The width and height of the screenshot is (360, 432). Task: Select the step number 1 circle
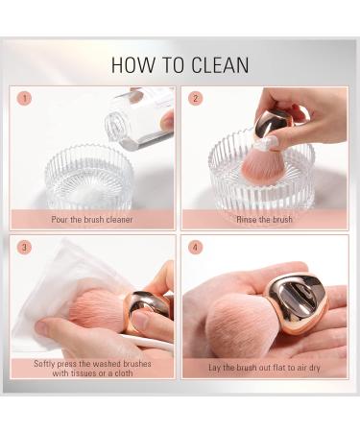(x=24, y=98)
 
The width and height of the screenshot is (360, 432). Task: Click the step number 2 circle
(x=196, y=98)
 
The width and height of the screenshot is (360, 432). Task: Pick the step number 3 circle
(x=24, y=248)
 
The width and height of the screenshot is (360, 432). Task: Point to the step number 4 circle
(x=196, y=248)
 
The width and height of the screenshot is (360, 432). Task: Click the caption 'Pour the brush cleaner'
(x=92, y=220)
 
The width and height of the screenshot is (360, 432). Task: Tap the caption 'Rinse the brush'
(x=264, y=220)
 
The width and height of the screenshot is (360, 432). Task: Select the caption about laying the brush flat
(x=264, y=368)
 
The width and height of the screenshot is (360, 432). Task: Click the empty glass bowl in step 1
(x=89, y=180)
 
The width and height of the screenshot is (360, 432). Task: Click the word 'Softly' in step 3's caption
(x=44, y=364)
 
